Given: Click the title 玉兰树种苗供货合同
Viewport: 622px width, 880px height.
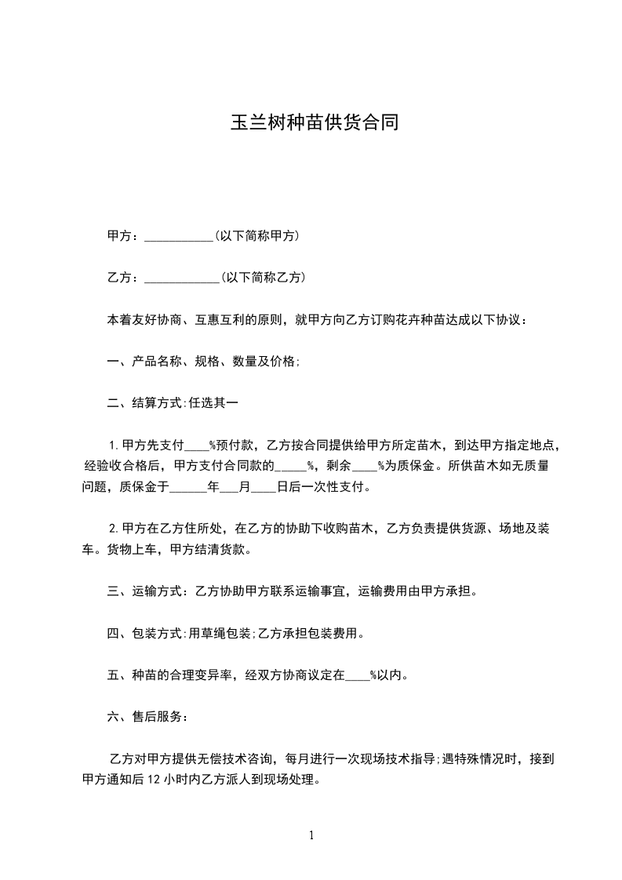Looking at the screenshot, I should pyautogui.click(x=311, y=124).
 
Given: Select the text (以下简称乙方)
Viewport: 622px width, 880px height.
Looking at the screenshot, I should pyautogui.click(x=263, y=278).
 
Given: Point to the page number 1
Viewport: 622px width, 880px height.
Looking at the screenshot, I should pyautogui.click(x=311, y=835).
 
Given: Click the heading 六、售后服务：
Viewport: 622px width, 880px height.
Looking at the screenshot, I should pyautogui.click(x=147, y=717).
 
